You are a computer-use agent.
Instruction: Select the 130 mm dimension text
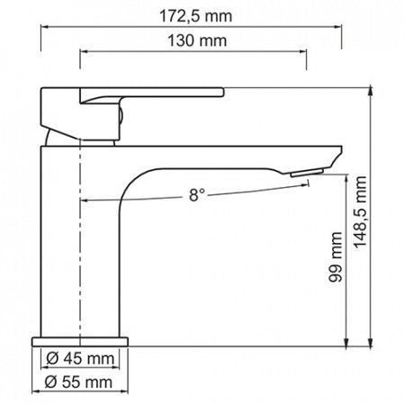(x=195, y=41)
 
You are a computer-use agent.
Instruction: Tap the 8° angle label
(x=198, y=193)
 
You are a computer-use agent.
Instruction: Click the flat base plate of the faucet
(x=81, y=340)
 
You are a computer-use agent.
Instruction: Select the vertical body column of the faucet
(x=81, y=261)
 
